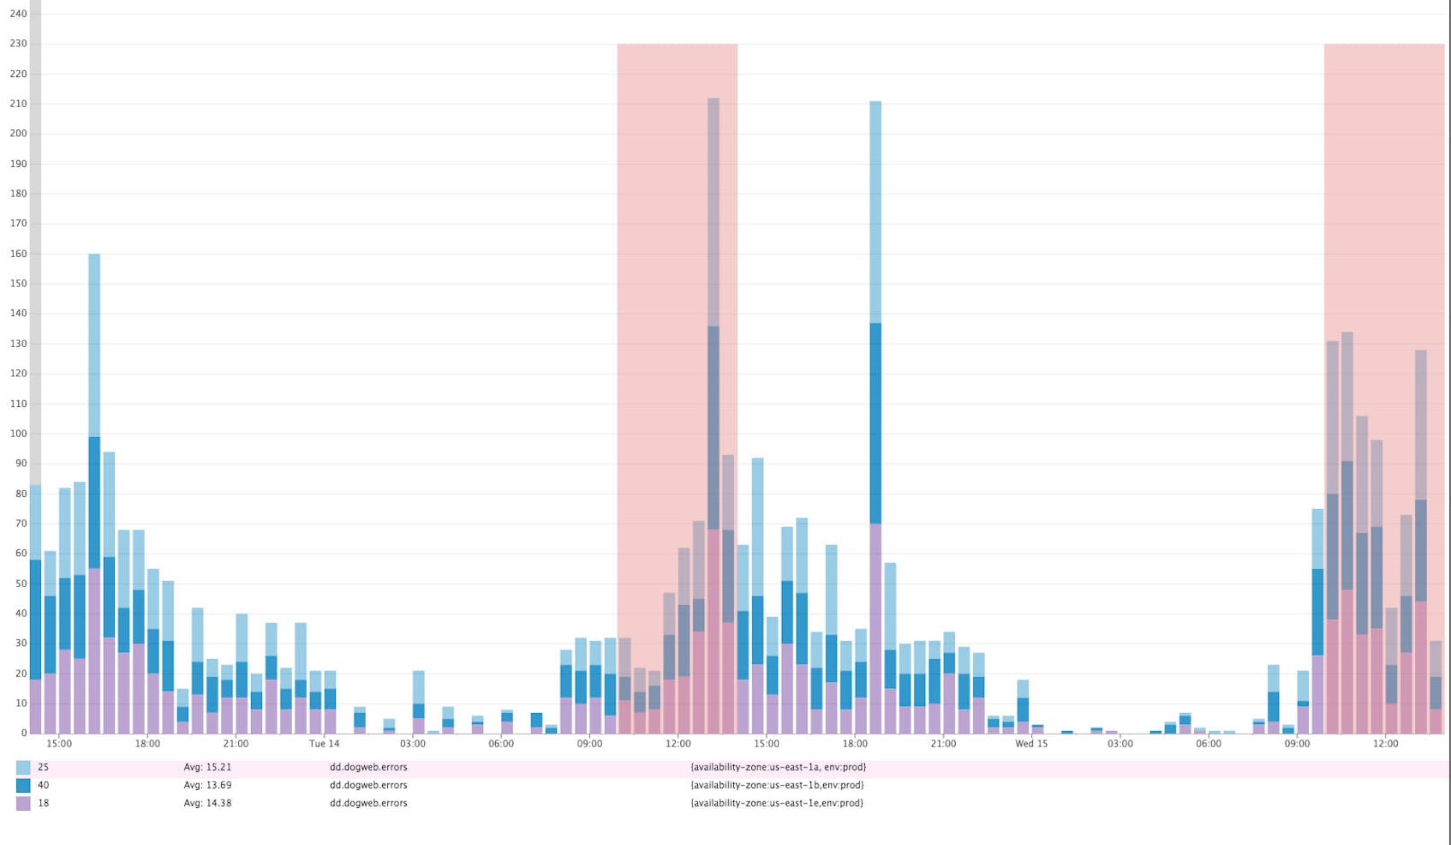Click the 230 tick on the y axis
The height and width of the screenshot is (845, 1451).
pyautogui.click(x=18, y=44)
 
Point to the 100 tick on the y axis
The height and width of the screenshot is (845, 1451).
pyautogui.click(x=18, y=434)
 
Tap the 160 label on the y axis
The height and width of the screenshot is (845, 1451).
pyautogui.click(x=18, y=254)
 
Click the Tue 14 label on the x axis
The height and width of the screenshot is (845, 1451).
pyautogui.click(x=324, y=744)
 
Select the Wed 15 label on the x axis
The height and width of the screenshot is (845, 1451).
pyautogui.click(x=1031, y=744)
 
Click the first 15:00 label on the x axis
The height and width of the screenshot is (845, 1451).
pyautogui.click(x=58, y=744)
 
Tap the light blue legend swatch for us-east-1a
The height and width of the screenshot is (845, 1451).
pyautogui.click(x=23, y=768)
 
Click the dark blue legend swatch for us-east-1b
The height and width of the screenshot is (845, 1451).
pyautogui.click(x=23, y=786)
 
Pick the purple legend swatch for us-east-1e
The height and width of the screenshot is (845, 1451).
pyautogui.click(x=23, y=804)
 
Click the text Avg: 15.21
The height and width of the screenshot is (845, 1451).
pyautogui.click(x=207, y=768)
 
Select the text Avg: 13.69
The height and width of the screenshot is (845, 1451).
pyautogui.click(x=207, y=786)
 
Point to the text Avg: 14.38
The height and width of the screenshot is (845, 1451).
pyautogui.click(x=207, y=804)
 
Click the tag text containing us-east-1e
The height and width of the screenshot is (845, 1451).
pyautogui.click(x=776, y=804)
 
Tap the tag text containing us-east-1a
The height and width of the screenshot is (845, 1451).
pyautogui.click(x=778, y=768)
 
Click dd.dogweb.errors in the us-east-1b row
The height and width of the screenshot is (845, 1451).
pyautogui.click(x=368, y=786)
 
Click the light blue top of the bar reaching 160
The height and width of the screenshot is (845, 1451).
pyautogui.click(x=94, y=343)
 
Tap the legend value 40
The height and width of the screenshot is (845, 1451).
pyautogui.click(x=43, y=786)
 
